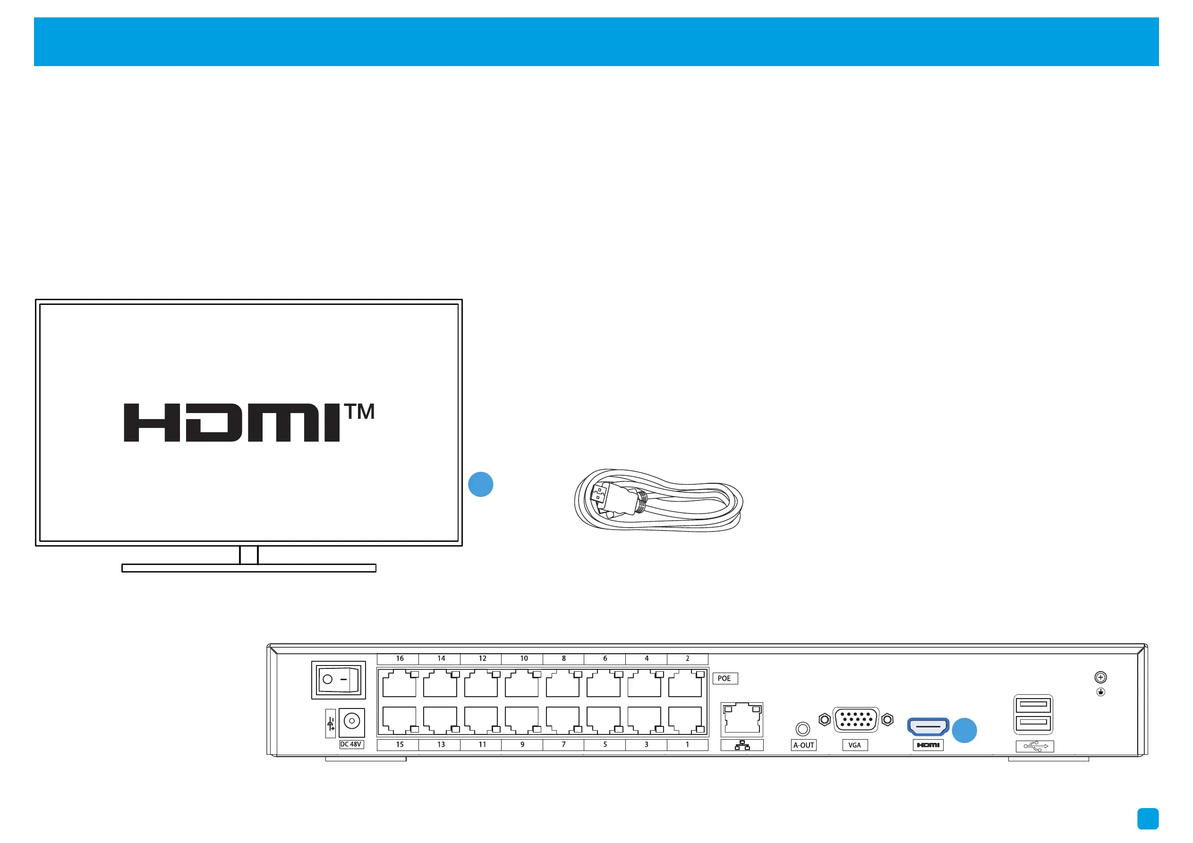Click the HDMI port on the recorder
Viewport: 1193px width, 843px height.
pyautogui.click(x=928, y=726)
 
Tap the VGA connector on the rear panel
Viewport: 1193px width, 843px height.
pyautogui.click(x=855, y=719)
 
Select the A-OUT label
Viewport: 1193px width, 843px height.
pyautogui.click(x=803, y=745)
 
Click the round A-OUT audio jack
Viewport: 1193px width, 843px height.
pyautogui.click(x=803, y=729)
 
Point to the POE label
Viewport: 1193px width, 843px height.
pyautogui.click(x=724, y=678)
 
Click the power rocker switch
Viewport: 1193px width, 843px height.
pyautogui.click(x=338, y=679)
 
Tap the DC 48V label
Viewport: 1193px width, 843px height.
pyautogui.click(x=351, y=744)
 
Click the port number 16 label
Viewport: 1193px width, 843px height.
pyautogui.click(x=400, y=658)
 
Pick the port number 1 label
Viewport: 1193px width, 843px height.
pyautogui.click(x=687, y=744)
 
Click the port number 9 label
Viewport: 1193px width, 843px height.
pyautogui.click(x=522, y=744)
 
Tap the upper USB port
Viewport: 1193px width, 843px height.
pyautogui.click(x=1033, y=705)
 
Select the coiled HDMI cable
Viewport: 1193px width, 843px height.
pyautogui.click(x=658, y=500)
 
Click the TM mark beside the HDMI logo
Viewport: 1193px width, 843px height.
pyautogui.click(x=359, y=412)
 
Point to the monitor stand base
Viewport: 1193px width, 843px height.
pyautogui.click(x=248, y=568)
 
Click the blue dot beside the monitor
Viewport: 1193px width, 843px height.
pyautogui.click(x=481, y=484)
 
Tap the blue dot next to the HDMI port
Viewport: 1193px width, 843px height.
pyautogui.click(x=964, y=730)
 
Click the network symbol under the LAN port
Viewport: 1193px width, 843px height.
pyautogui.click(x=742, y=745)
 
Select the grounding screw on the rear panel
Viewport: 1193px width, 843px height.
pyautogui.click(x=1100, y=677)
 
